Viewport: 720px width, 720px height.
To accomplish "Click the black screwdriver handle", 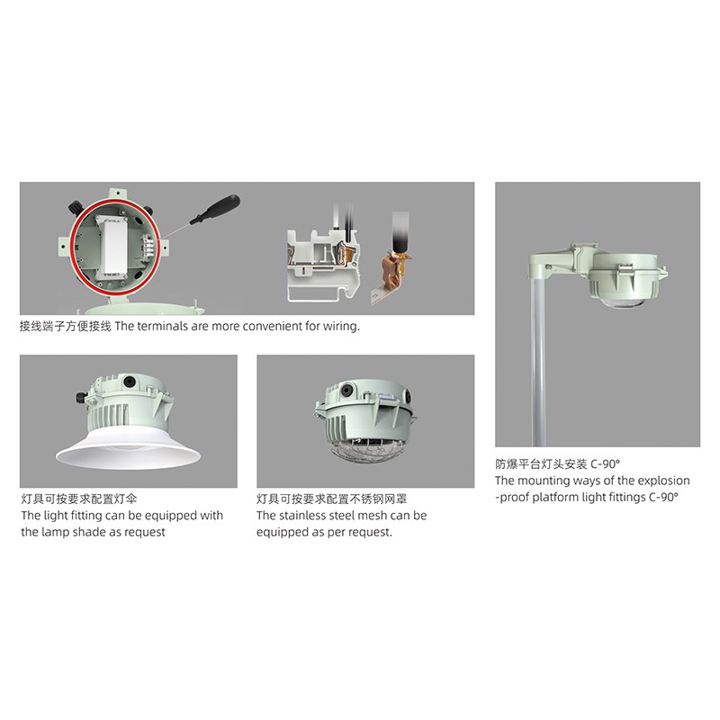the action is point(215,210).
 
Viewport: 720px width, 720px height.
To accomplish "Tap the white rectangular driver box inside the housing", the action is point(113,248).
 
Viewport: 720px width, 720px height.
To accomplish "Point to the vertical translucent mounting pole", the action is point(538,361).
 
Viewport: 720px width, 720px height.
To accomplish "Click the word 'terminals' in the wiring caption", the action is point(163,326).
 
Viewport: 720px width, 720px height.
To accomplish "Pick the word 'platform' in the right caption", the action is point(553,498).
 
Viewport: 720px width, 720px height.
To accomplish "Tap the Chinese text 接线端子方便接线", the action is point(65,327).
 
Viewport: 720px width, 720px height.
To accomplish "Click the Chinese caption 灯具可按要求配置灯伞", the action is point(79,499).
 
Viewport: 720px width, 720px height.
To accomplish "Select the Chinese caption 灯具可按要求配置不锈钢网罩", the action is point(331,499).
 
